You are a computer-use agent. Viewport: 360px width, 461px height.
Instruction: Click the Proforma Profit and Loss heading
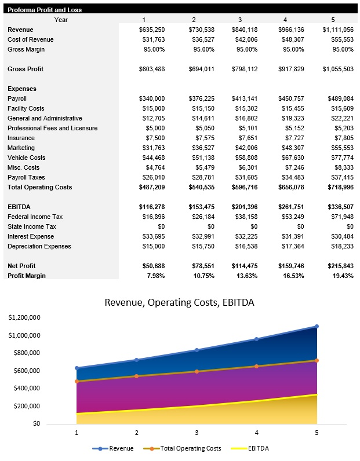click(x=45, y=10)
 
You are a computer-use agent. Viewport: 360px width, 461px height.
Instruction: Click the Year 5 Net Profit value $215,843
click(x=338, y=266)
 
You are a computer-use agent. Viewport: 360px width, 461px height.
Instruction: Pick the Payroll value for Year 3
click(x=243, y=98)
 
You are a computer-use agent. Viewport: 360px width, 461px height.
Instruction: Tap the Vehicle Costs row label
click(x=26, y=158)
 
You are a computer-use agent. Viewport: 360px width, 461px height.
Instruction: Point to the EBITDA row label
click(x=19, y=207)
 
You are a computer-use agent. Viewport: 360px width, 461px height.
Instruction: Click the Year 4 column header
click(x=285, y=20)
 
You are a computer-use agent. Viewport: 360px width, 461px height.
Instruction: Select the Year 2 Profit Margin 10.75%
click(x=203, y=276)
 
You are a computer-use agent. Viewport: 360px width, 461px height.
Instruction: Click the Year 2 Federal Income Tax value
click(x=202, y=217)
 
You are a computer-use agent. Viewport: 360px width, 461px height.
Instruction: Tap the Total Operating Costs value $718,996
click(x=338, y=187)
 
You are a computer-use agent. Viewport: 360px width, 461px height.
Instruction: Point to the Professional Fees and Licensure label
click(x=52, y=128)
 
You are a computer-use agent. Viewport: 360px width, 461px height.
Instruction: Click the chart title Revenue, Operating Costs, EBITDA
click(x=179, y=302)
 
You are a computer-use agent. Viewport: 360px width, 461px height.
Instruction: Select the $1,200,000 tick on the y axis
click(x=24, y=318)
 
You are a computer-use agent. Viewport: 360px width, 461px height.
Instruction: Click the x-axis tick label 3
click(x=197, y=433)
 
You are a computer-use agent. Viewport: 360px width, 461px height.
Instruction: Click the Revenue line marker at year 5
click(x=317, y=326)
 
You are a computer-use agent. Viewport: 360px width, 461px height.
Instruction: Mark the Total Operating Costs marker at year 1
click(x=77, y=381)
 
